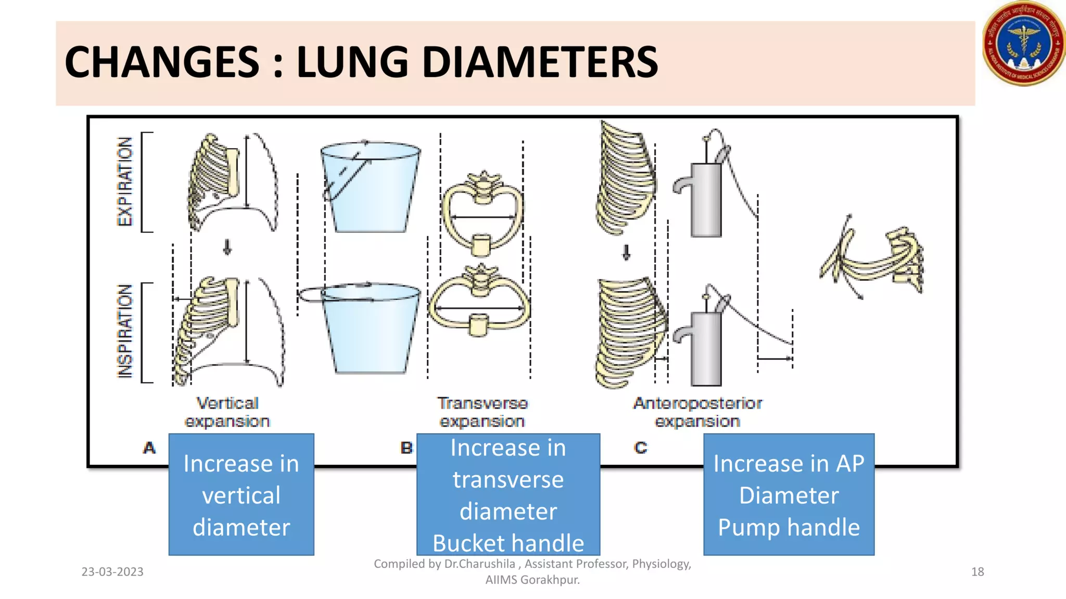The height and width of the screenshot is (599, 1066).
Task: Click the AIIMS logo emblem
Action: [1023, 44]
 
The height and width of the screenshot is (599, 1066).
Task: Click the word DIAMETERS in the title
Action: [539, 62]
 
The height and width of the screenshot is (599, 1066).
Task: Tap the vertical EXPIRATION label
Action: [125, 181]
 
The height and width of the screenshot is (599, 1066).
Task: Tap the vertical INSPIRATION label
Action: [125, 332]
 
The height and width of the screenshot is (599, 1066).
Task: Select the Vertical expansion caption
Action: [227, 412]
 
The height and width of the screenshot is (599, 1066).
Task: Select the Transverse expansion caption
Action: [483, 412]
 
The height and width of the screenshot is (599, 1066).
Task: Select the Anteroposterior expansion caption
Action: [697, 412]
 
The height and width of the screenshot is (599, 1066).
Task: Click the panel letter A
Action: [149, 448]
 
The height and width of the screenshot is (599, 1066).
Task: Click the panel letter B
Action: [407, 448]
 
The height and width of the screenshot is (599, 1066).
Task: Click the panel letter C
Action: [641, 448]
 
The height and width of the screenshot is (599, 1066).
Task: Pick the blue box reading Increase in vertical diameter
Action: [241, 494]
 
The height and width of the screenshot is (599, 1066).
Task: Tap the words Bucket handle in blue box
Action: [508, 543]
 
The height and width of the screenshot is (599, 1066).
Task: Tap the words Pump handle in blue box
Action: [789, 527]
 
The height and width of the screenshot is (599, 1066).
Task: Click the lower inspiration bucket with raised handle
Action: [370, 331]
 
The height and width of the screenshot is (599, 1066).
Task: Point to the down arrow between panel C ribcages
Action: [626, 253]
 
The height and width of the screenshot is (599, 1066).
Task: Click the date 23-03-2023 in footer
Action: [112, 572]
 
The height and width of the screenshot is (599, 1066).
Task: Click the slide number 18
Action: [978, 572]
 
